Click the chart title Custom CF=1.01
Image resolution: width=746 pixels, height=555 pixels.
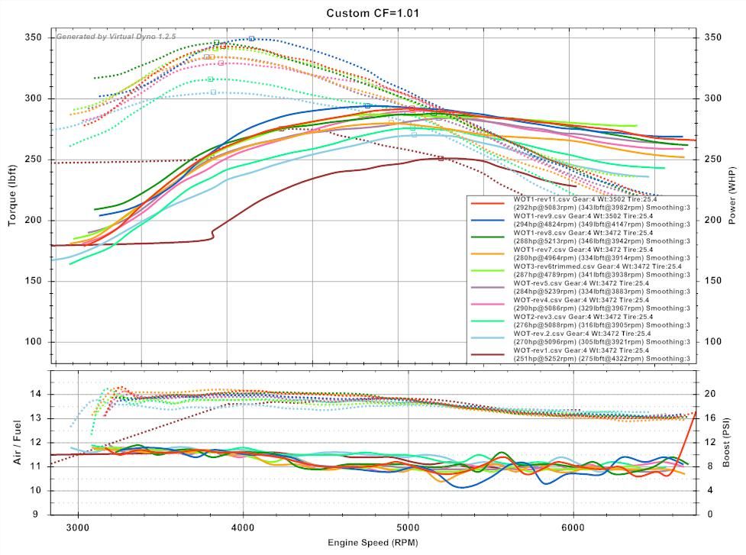point(373,13)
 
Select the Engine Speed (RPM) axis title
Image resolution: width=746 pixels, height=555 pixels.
point(373,544)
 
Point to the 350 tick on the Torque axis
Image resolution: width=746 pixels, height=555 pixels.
point(34,37)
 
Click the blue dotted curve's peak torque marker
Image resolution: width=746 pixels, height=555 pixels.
point(251,38)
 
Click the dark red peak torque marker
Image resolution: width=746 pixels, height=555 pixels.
point(281,128)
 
